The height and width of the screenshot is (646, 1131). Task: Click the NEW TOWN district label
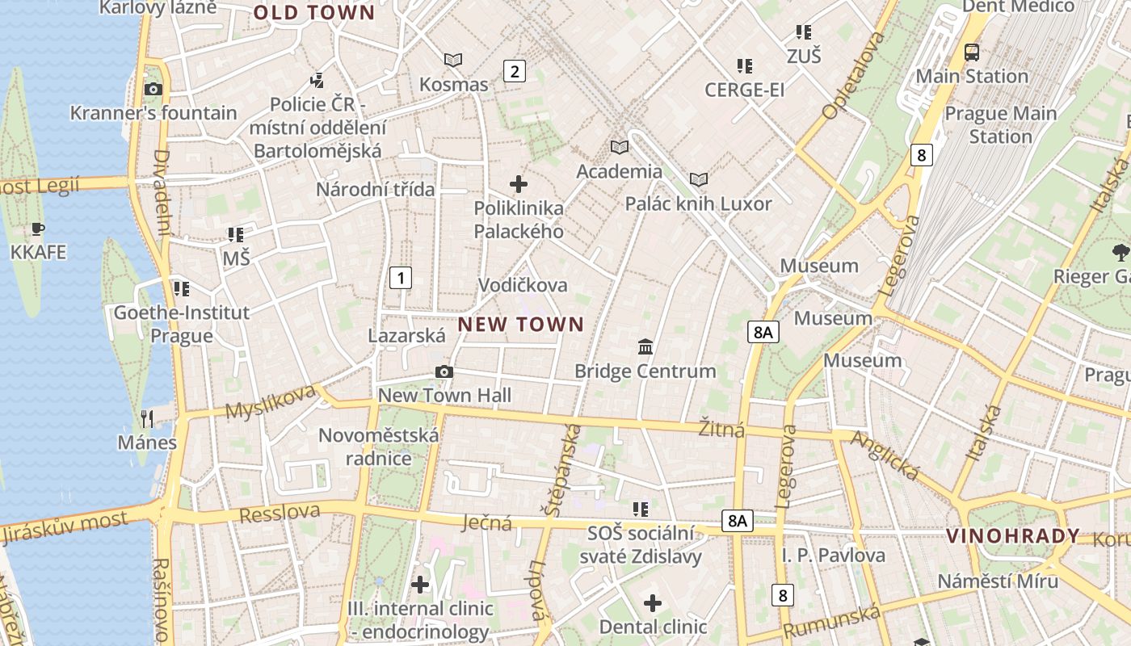521,325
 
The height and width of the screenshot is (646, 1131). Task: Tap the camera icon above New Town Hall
444,372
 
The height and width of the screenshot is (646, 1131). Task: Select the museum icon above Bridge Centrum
645,347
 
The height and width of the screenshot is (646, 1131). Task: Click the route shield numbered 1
400,278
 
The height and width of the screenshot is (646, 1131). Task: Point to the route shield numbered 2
514,71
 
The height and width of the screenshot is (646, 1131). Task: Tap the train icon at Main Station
972,52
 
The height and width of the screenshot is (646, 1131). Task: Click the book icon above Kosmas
453,60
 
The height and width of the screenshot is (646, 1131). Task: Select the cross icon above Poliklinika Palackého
519,184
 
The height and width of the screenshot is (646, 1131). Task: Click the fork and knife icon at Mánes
147,418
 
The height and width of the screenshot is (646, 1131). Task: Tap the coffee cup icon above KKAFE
38,229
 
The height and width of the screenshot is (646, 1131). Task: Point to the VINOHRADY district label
1013,535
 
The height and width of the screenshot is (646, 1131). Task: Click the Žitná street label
721,429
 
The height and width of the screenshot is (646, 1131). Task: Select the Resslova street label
280,513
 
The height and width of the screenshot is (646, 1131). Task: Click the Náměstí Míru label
998,581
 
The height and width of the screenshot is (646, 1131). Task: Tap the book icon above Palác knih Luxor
699,179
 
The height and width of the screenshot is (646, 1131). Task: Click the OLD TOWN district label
314,13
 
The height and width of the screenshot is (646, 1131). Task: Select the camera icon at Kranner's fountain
153,89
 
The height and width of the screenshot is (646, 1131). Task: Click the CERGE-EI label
744,90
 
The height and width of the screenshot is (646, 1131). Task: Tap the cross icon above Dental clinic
653,603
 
